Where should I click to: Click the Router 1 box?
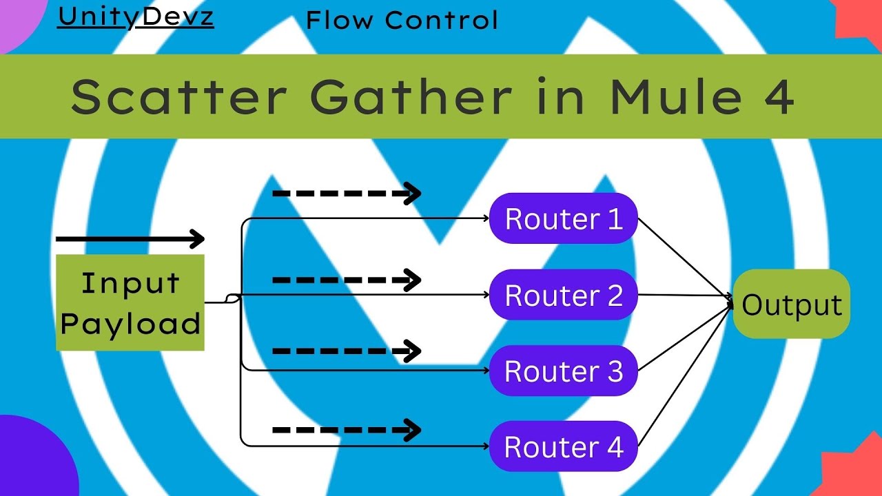[x=563, y=218]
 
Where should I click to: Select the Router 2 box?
[x=563, y=295]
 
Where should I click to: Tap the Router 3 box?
[x=563, y=371]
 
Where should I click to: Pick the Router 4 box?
[x=563, y=446]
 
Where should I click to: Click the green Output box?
[x=792, y=304]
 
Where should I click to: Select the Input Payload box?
[x=130, y=302]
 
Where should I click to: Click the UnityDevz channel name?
[x=136, y=17]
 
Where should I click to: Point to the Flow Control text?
[x=402, y=20]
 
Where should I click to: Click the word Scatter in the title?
[x=178, y=96]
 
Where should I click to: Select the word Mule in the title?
[x=678, y=96]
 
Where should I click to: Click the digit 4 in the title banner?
[x=779, y=96]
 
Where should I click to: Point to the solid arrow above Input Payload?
[x=130, y=239]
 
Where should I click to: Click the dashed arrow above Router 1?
[x=347, y=194]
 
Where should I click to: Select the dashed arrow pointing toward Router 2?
[x=347, y=280]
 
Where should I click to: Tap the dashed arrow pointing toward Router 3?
[x=347, y=351]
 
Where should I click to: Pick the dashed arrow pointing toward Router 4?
[x=347, y=431]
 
